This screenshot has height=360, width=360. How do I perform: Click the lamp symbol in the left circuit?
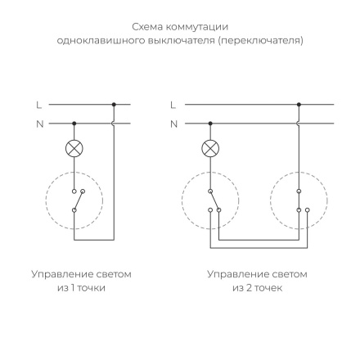(x=74, y=149)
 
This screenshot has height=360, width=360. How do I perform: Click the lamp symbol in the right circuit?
(x=210, y=149)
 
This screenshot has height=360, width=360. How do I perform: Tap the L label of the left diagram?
(x=38, y=105)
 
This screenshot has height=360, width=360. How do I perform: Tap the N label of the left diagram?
(x=38, y=124)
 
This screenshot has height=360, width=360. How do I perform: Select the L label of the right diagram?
(x=173, y=105)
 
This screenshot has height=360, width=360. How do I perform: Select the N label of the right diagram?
(x=173, y=124)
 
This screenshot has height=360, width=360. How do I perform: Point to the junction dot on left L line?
(x=114, y=105)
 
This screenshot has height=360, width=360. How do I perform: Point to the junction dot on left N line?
(x=74, y=124)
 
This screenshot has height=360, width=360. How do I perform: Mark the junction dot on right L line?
(x=299, y=105)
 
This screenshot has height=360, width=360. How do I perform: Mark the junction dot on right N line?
(x=210, y=124)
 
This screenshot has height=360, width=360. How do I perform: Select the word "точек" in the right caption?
(x=268, y=287)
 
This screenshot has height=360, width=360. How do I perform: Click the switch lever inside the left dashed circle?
(x=77, y=198)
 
